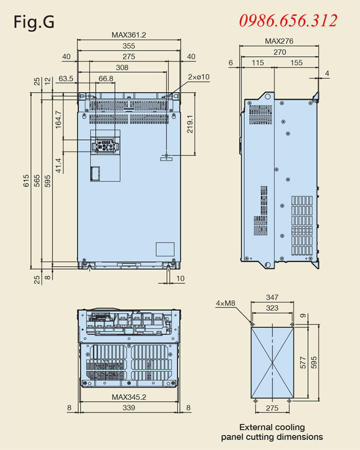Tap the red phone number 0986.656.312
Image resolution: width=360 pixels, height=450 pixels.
[288, 20]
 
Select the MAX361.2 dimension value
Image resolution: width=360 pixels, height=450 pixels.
[129, 34]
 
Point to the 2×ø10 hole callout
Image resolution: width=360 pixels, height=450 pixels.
[198, 77]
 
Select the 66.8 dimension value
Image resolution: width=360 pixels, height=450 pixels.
[106, 79]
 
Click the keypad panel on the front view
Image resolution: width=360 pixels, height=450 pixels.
[105, 145]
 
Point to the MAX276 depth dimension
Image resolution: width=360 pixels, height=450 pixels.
[279, 41]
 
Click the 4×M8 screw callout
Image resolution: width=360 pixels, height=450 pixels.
[225, 304]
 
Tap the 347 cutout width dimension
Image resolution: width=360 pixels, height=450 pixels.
[272, 297]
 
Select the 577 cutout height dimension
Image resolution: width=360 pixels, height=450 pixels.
[303, 362]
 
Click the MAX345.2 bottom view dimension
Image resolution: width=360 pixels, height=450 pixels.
[129, 397]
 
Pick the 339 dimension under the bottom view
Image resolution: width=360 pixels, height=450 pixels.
[129, 408]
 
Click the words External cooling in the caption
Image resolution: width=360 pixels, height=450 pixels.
[272, 427]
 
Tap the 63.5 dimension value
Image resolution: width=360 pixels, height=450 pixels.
[66, 79]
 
